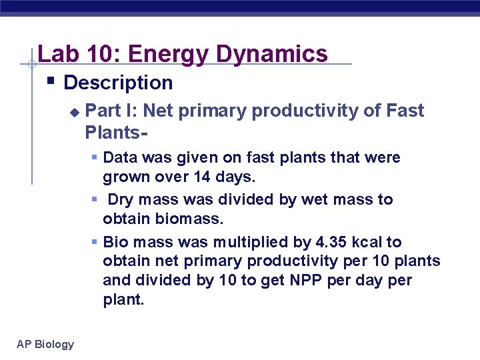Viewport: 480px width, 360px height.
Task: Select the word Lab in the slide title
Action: click(x=58, y=53)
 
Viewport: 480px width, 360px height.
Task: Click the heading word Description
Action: click(x=118, y=83)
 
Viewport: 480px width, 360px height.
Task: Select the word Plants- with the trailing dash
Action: click(x=116, y=132)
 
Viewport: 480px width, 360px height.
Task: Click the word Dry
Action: click(x=121, y=200)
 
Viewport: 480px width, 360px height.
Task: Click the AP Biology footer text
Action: click(x=45, y=344)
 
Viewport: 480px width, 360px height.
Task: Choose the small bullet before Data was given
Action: click(x=95, y=158)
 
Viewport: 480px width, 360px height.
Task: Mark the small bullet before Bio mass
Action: click(x=95, y=242)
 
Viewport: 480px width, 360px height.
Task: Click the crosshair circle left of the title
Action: click(x=31, y=64)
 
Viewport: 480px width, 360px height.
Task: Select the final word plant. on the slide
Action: click(x=123, y=300)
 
